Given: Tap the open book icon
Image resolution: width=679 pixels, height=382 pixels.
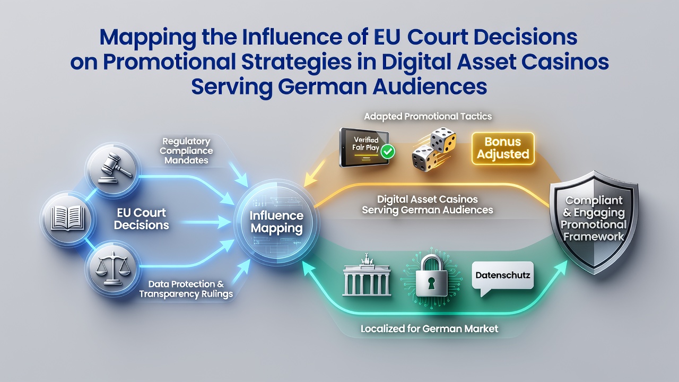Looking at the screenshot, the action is (x=68, y=218).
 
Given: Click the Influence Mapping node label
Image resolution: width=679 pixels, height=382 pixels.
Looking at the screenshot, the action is (x=276, y=222).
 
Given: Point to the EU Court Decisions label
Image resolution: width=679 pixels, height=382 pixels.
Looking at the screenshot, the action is (x=142, y=219).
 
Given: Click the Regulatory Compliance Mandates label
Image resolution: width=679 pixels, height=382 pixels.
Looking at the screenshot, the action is (x=186, y=151).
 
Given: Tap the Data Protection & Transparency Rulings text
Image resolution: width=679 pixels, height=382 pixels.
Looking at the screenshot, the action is (x=186, y=289).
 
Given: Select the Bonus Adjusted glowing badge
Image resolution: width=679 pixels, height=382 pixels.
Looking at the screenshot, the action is (x=503, y=148).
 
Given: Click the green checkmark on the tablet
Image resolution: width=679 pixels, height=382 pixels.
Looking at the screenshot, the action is (x=388, y=152).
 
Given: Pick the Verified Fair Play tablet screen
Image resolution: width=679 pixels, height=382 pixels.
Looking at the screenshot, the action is (x=364, y=147).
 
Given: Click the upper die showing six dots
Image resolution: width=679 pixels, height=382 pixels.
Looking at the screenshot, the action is (x=443, y=140).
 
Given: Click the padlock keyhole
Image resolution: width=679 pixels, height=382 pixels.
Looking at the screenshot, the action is (x=431, y=284).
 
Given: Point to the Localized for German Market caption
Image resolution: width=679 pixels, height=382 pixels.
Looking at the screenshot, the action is (x=429, y=328).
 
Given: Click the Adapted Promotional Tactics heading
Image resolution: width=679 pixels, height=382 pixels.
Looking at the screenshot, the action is (x=428, y=116).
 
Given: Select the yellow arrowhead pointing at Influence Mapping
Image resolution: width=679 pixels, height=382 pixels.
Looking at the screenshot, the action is (x=310, y=180).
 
